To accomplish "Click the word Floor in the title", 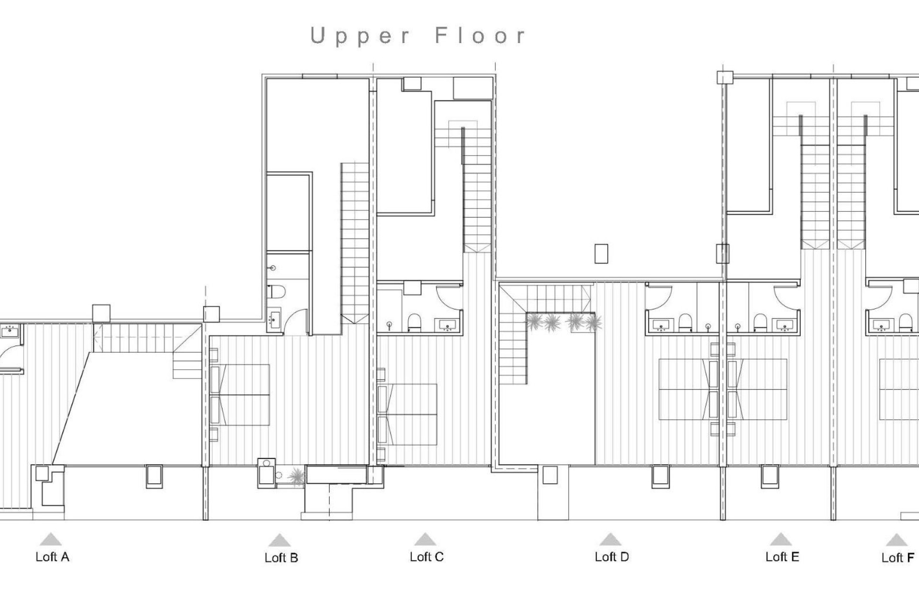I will point(480,36).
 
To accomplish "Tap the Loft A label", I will point(52,557).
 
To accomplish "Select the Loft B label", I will point(281,558).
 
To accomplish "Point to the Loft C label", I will point(426,557).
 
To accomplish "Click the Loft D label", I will point(611,557).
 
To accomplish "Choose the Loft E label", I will point(782,557).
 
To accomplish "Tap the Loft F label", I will point(897,558).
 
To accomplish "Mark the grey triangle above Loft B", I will point(280,541).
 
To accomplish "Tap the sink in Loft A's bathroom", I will point(10,330).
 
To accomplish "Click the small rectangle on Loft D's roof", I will point(601,253).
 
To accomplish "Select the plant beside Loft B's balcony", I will point(297,476).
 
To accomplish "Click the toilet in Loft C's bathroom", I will point(414,323).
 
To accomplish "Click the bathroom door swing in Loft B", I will point(296,323).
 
